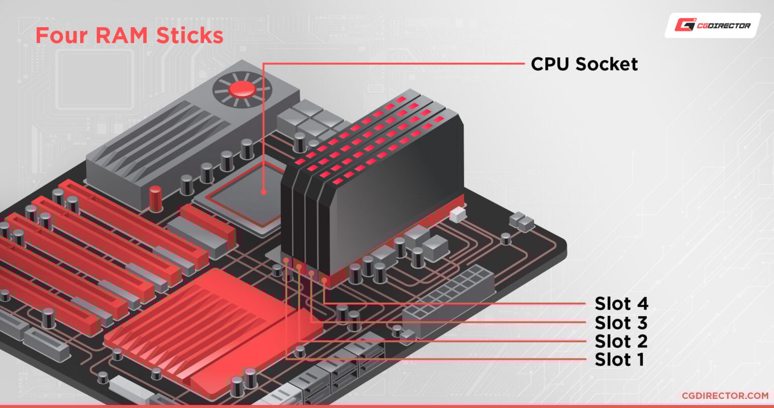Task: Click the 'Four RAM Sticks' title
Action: [129, 36]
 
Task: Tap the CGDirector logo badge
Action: [712, 25]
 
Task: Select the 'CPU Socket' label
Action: [584, 64]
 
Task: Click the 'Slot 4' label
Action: [621, 304]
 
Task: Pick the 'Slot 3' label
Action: [621, 322]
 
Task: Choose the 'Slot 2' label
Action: [621, 341]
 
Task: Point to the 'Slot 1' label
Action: [619, 360]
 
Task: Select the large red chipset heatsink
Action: [212, 322]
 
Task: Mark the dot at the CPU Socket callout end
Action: [263, 192]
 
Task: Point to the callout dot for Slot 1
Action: [286, 260]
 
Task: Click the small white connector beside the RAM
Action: [457, 215]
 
